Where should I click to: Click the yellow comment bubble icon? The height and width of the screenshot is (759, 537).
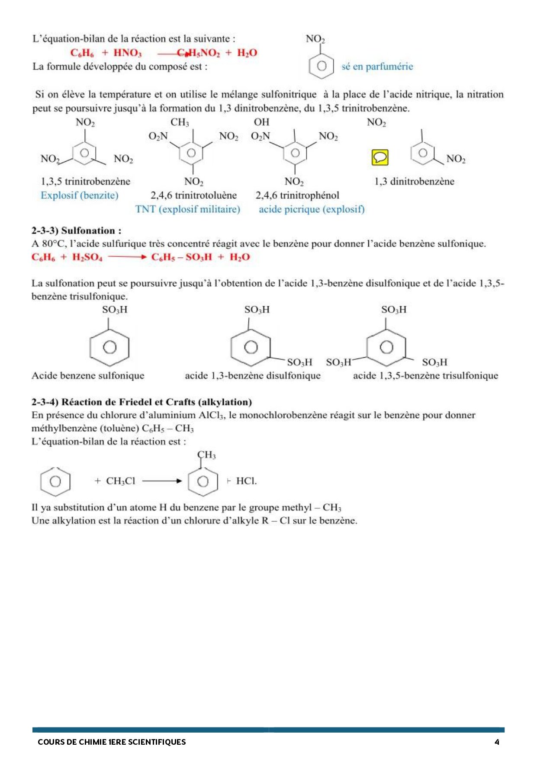[380, 157]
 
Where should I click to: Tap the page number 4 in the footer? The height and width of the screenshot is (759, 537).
[497, 742]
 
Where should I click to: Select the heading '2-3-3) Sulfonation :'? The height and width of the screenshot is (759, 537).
[76, 231]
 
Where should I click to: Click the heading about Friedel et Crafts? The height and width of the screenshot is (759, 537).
[141, 402]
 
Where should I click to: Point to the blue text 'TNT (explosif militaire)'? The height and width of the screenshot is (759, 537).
[187, 209]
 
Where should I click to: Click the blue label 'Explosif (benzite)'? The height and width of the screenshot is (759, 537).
[79, 195]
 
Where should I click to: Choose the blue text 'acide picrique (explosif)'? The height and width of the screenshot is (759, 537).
[312, 209]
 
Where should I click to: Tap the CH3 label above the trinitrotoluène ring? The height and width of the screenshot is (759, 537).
[180, 122]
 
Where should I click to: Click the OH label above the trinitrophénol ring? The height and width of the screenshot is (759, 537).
[261, 122]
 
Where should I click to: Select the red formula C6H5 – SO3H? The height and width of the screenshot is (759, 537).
[182, 257]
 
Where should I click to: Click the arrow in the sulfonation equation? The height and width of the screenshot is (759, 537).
[127, 257]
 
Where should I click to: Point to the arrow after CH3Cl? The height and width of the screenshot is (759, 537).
[162, 481]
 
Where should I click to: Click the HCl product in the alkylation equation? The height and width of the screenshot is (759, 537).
[246, 481]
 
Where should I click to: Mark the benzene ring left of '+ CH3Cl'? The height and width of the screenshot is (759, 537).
[55, 481]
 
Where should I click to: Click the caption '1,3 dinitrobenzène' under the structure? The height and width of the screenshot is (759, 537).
[414, 182]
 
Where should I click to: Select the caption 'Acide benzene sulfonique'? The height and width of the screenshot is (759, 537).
[88, 375]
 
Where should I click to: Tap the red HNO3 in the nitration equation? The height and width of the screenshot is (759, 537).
[127, 53]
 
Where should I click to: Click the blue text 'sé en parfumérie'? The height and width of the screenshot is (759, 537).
[377, 67]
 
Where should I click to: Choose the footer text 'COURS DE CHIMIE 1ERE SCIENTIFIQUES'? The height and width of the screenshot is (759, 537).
[112, 742]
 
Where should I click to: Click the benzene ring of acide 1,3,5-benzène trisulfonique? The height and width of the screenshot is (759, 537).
[386, 347]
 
